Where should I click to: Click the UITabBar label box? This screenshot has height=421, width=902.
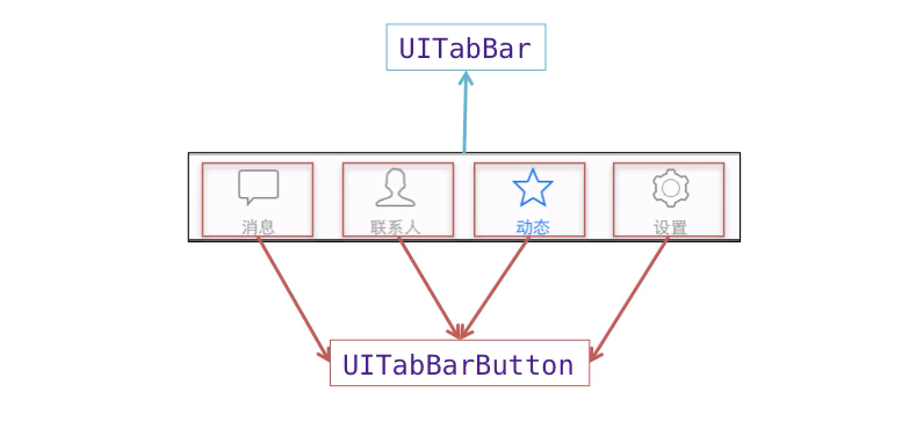click(x=466, y=47)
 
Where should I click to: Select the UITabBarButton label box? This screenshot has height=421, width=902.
click(x=460, y=362)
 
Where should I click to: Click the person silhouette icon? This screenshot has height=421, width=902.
click(x=395, y=187)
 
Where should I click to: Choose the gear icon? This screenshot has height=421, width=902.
click(x=670, y=188)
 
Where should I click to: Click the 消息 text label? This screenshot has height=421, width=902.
click(x=258, y=227)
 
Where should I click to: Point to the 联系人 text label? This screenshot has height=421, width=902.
click(x=395, y=227)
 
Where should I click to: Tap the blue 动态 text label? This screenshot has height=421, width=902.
click(x=533, y=227)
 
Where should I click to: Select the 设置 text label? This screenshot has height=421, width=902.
click(x=670, y=227)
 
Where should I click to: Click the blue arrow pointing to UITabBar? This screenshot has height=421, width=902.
click(x=465, y=112)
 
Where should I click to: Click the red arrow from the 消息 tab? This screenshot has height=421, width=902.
click(x=294, y=299)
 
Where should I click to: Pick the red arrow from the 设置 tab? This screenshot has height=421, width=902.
click(x=629, y=299)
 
